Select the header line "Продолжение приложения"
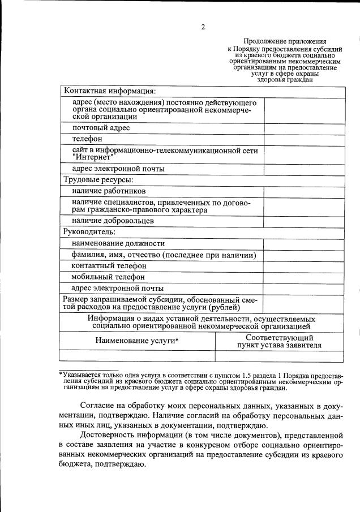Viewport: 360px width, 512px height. click(285, 41)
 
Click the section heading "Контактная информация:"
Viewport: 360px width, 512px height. click(109, 91)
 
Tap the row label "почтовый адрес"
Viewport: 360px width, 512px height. click(101, 128)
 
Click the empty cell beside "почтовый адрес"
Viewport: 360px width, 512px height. click(304, 128)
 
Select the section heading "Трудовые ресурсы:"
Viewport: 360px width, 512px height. click(98, 180)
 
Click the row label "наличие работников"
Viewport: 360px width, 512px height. click(109, 191)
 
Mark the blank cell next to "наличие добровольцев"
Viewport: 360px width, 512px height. click(304, 221)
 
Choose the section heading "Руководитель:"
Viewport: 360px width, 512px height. click(89, 231)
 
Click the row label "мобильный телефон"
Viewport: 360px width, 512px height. click(108, 277)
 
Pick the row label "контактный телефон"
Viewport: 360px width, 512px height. click(109, 266)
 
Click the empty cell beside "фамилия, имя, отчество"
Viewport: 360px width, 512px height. click(304, 255)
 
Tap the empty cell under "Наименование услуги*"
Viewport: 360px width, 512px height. click(137, 356)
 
